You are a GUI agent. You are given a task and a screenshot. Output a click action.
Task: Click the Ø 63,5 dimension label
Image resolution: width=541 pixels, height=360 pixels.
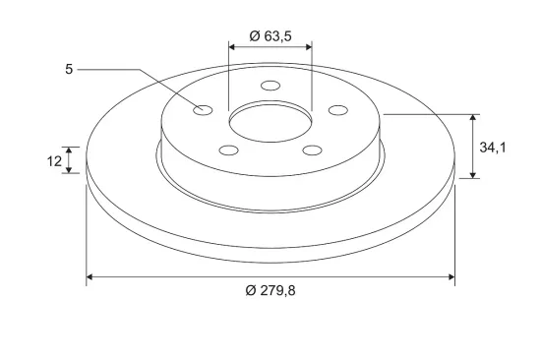(x=270, y=36)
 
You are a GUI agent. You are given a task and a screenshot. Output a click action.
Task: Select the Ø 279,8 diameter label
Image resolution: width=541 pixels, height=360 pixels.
(x=270, y=290)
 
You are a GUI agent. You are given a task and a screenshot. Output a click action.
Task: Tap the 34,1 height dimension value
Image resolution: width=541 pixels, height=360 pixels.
(x=493, y=148)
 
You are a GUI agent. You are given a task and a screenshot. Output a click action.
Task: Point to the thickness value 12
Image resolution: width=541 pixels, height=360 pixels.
(x=54, y=161)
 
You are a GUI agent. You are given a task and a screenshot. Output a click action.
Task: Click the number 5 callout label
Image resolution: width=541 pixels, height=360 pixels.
(x=69, y=70)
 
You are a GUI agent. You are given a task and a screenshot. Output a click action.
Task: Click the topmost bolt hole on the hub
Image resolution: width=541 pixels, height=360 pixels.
(x=270, y=86)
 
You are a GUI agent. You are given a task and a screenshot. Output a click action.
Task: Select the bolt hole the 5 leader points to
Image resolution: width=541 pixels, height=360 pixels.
(x=203, y=110)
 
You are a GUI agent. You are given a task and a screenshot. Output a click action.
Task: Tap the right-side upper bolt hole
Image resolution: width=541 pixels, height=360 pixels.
(x=338, y=110)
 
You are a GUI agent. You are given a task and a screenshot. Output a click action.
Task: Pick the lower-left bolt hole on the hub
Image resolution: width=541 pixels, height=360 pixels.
(x=229, y=150)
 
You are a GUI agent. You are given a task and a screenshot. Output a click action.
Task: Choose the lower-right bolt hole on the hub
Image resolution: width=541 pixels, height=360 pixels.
(x=312, y=150)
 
